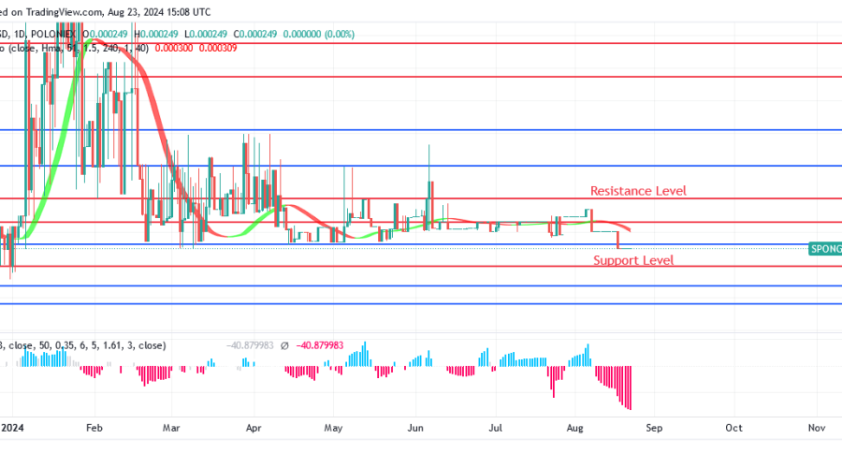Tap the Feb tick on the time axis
click(94, 428)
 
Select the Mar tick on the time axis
click(170, 428)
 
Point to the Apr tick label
click(252, 428)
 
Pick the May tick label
click(333, 428)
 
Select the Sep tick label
click(654, 428)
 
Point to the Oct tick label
click(734, 428)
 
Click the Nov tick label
click(816, 428)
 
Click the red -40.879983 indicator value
click(321, 345)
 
